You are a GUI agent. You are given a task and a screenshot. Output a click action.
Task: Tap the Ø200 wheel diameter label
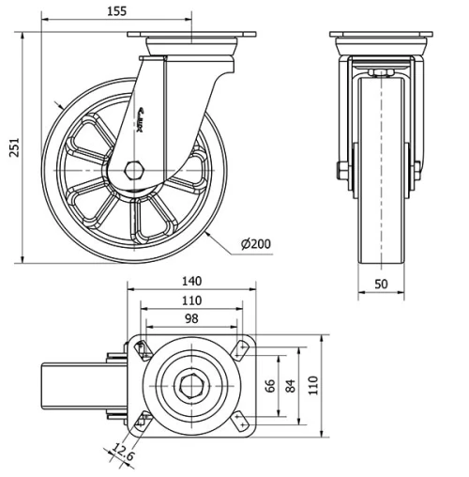(x=255, y=244)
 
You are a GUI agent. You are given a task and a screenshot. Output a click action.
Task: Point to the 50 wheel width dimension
(x=382, y=284)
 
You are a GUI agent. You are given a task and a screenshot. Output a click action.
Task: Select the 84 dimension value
(x=292, y=385)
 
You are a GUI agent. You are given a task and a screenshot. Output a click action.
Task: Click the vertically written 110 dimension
(x=314, y=385)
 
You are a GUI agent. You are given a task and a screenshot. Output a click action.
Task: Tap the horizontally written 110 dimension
(x=191, y=302)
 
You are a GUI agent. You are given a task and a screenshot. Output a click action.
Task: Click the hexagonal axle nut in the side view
(x=133, y=172)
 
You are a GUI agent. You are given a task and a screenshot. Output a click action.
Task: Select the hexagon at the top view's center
(x=192, y=385)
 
